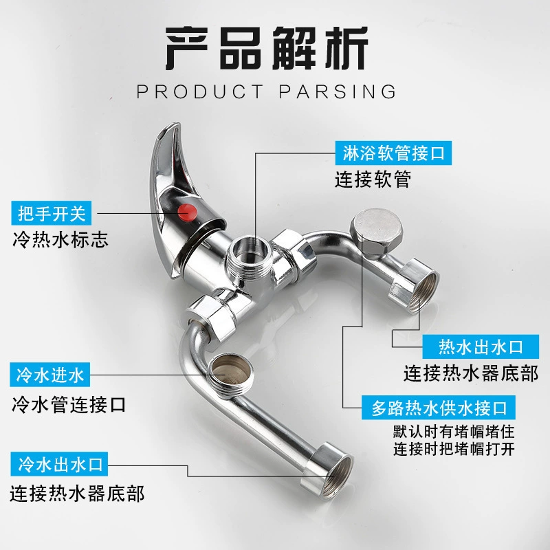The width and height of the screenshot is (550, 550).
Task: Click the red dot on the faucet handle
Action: (187, 212)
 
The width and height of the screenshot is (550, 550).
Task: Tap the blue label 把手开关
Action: (51, 213)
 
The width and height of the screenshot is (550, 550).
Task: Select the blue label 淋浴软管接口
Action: (393, 153)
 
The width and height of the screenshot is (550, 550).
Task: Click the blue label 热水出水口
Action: (481, 346)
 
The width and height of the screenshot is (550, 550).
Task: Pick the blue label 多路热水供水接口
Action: (439, 408)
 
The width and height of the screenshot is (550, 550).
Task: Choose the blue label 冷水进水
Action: (49, 375)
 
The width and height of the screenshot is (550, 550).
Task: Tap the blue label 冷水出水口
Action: (59, 463)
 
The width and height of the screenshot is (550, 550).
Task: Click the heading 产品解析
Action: (267, 48)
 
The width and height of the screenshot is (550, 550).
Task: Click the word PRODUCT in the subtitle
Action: (200, 92)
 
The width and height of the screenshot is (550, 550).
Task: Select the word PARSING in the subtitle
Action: (338, 92)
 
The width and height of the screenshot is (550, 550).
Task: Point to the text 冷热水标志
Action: (60, 240)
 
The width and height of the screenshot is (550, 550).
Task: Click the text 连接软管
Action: (373, 179)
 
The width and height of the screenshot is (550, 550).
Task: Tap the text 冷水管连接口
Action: (69, 404)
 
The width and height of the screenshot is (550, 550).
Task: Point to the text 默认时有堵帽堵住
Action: (454, 432)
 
